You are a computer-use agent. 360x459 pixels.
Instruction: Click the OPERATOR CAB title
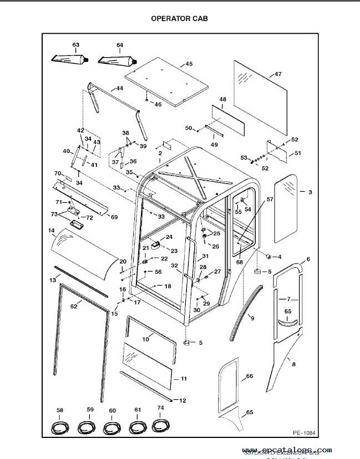[180, 18]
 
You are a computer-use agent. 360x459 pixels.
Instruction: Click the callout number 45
[189, 64]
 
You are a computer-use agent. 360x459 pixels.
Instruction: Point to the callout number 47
[278, 74]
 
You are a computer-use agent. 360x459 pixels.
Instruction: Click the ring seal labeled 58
[59, 427]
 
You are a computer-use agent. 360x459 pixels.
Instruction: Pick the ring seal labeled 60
[112, 427]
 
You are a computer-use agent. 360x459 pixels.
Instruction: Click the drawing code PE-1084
[304, 432]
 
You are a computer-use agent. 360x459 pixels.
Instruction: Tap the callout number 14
[51, 230]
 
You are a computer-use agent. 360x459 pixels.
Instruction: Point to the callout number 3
[310, 192]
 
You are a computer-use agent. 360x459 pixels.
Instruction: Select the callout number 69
[113, 217]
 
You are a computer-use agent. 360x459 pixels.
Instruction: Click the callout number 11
[184, 379]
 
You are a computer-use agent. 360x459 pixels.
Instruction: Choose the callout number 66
[250, 376]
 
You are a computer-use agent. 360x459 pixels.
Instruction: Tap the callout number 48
[223, 100]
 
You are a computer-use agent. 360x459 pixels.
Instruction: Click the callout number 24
[169, 237]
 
